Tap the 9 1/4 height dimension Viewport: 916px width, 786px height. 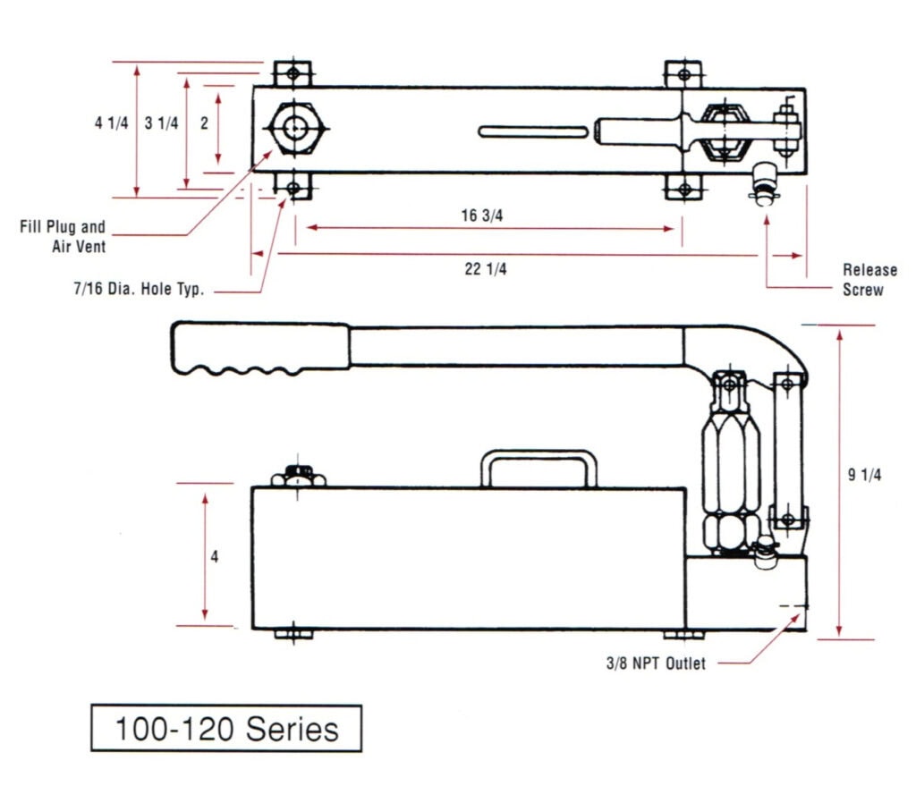pyautogui.click(x=864, y=476)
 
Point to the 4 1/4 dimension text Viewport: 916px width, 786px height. pyautogui.click(x=111, y=124)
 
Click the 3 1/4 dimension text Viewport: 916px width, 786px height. pyautogui.click(x=161, y=124)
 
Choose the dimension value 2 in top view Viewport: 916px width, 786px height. pyautogui.click(x=204, y=124)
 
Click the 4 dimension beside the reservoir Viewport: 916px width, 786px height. pyautogui.click(x=214, y=556)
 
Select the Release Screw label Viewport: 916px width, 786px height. pyautogui.click(x=863, y=279)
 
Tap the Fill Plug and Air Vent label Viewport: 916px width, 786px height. pyautogui.click(x=64, y=237)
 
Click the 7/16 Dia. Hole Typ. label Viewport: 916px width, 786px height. pyautogui.click(x=139, y=291)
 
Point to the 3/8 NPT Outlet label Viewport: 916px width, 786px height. pyautogui.click(x=655, y=663)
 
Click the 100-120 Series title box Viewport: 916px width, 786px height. pyautogui.click(x=226, y=729)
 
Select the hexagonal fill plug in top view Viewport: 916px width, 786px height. pyautogui.click(x=293, y=130)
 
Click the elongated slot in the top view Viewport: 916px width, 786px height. pyautogui.click(x=532, y=131)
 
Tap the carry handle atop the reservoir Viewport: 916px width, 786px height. pyautogui.click(x=539, y=466)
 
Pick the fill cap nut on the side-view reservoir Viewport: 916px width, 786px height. pyautogui.click(x=300, y=476)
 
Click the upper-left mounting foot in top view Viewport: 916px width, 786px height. pyautogui.click(x=292, y=72)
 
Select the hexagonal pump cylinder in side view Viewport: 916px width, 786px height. pyautogui.click(x=731, y=465)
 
